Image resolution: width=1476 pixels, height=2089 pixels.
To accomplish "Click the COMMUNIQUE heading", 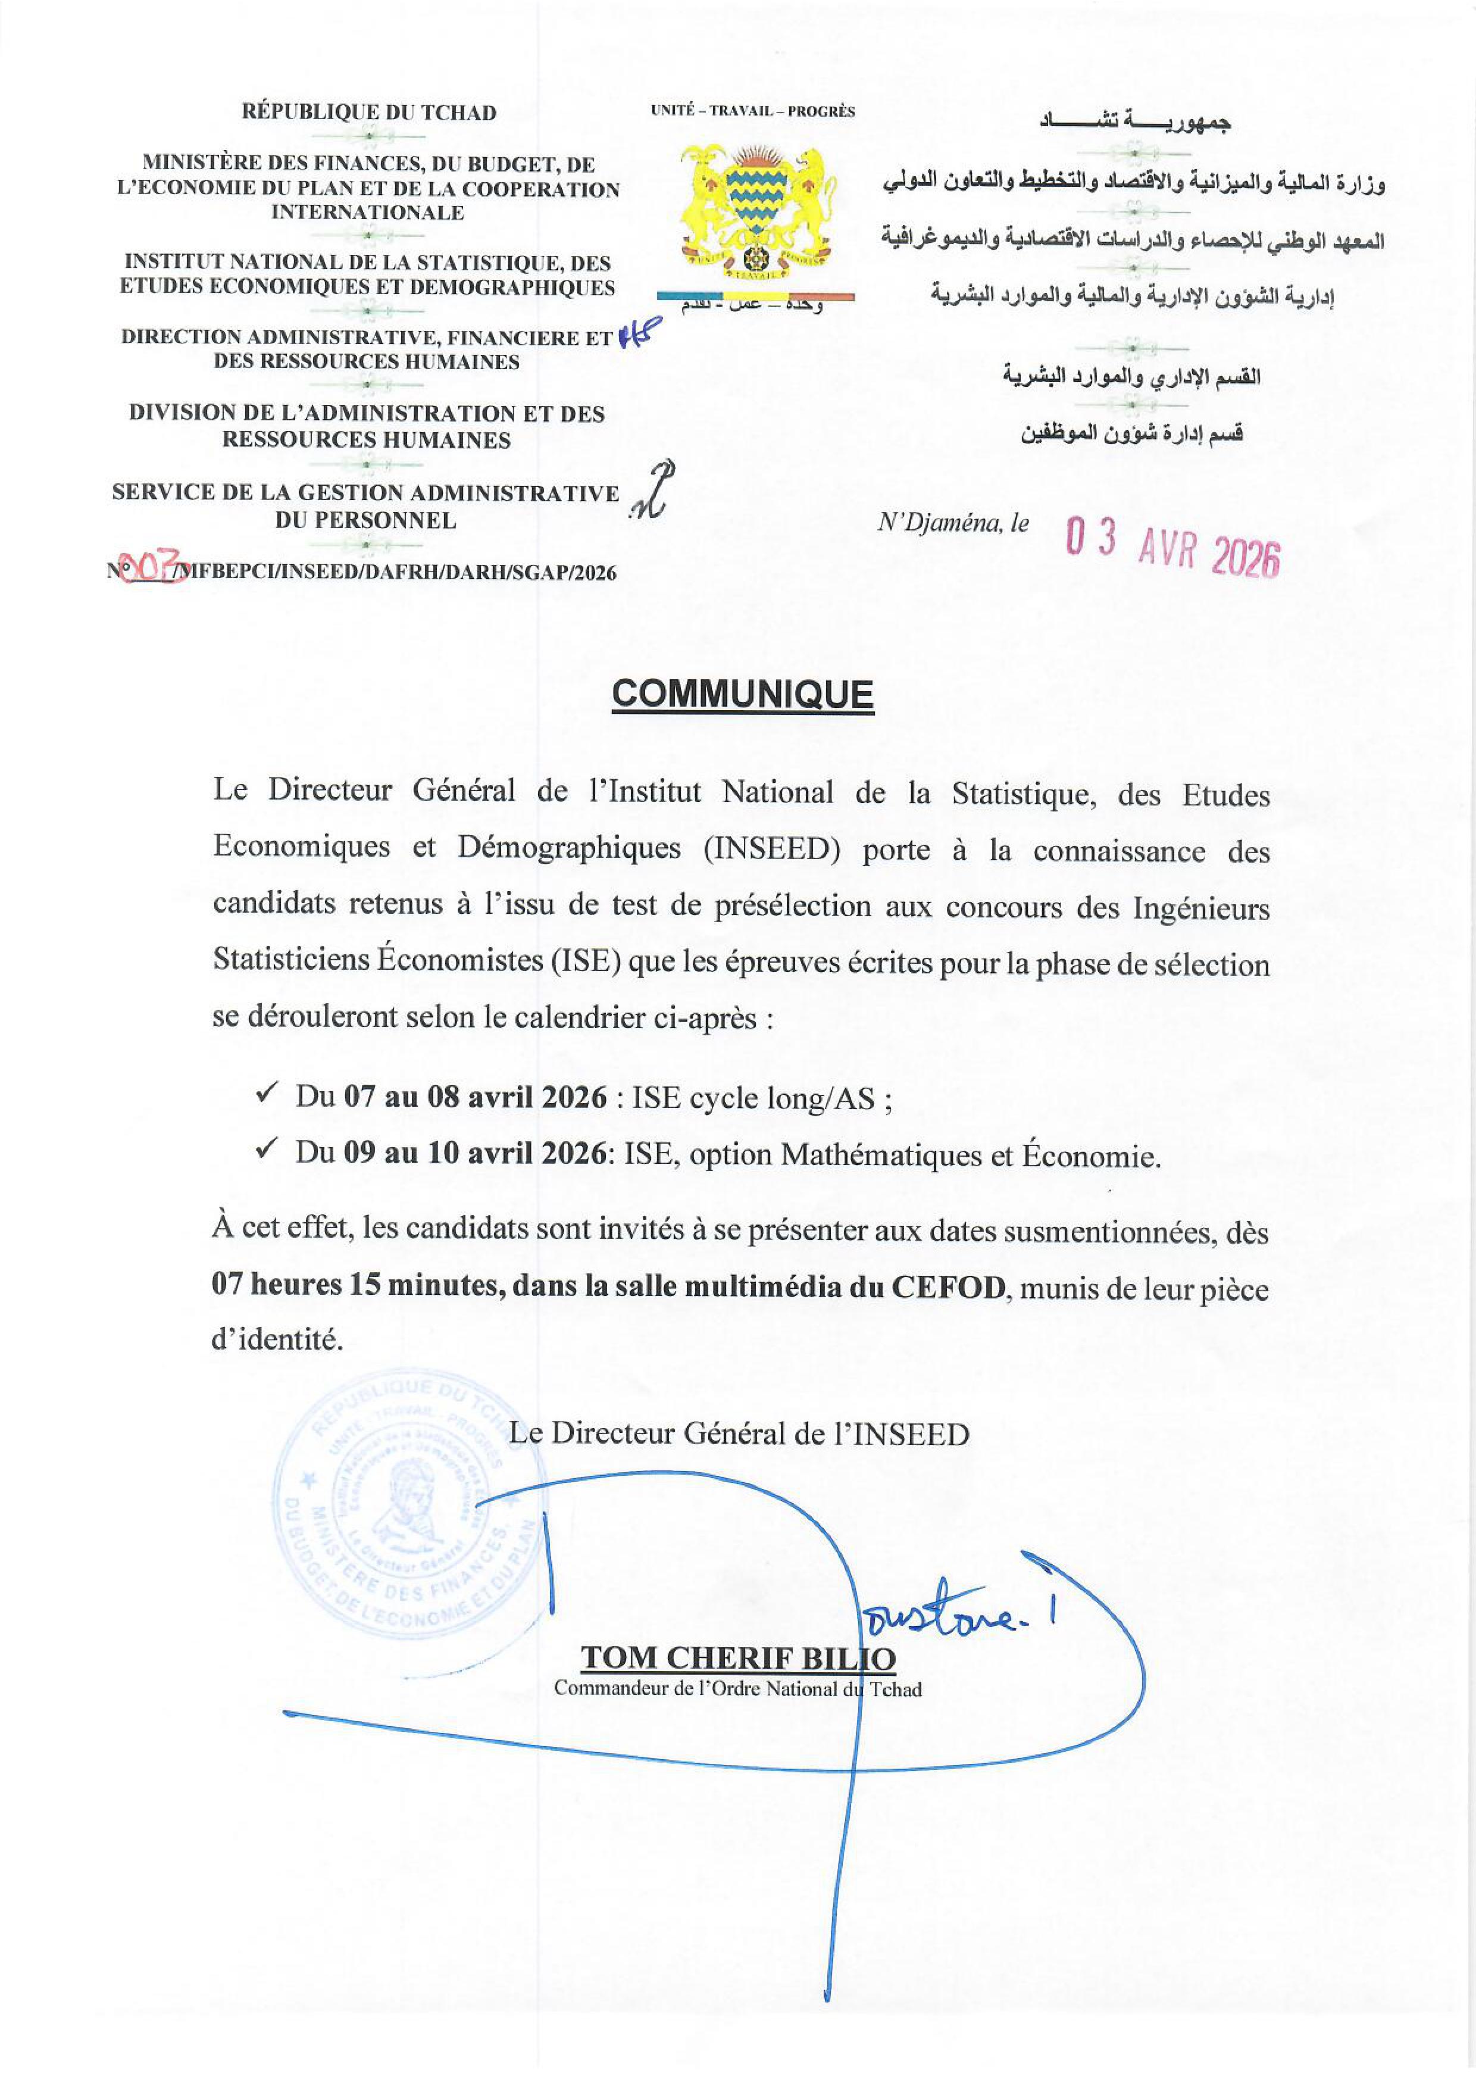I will [742, 695].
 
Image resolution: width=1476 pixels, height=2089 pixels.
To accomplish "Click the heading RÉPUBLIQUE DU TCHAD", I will [369, 113].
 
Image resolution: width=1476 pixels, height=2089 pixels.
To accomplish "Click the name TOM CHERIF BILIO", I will [737, 1658].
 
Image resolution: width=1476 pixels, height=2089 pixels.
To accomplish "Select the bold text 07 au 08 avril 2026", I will [474, 1097].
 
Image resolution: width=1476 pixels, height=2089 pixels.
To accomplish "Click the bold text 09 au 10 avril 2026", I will [474, 1154].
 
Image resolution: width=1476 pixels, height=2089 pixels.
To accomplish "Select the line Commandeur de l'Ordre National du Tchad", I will [737, 1690].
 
